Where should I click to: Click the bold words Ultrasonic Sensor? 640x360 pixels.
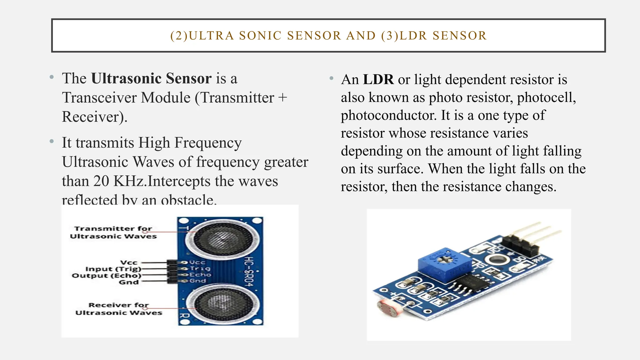click(x=151, y=78)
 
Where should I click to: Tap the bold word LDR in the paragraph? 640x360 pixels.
click(x=378, y=80)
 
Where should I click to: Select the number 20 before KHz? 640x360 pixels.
click(x=101, y=181)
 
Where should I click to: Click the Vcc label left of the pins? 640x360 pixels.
click(x=129, y=262)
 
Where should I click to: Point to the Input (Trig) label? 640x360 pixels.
click(x=113, y=269)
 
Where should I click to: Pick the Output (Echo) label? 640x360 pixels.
click(x=107, y=276)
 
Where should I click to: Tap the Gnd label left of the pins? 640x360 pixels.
click(x=128, y=282)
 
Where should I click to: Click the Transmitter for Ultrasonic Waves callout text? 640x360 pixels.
click(x=113, y=232)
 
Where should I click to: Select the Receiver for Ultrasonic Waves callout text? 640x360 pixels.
click(x=119, y=309)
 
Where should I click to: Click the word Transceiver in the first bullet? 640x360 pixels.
click(x=126, y=98)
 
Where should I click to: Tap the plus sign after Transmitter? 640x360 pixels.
click(x=282, y=98)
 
